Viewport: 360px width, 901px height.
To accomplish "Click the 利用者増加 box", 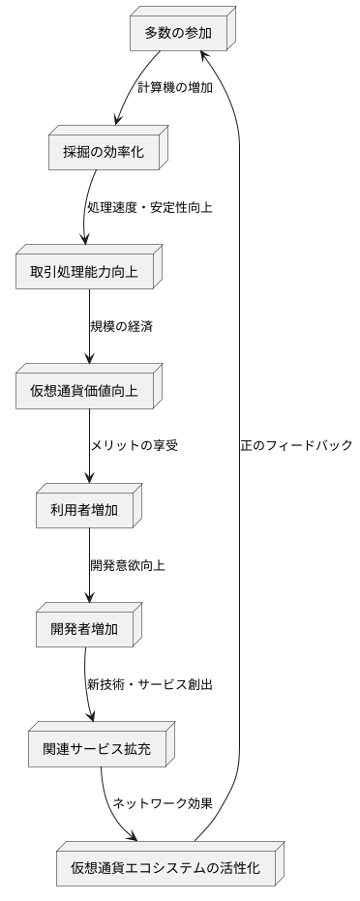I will [x=87, y=510].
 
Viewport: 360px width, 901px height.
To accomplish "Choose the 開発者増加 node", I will [x=87, y=629].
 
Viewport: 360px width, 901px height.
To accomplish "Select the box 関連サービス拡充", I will [x=95, y=748].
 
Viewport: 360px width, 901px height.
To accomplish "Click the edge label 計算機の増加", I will [x=174, y=87].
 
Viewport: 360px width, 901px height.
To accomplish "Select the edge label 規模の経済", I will [x=122, y=325].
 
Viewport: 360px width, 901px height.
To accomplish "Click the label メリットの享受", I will [x=135, y=446].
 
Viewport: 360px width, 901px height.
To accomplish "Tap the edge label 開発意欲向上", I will [x=128, y=565].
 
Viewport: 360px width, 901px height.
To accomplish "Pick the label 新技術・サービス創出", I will [x=150, y=684].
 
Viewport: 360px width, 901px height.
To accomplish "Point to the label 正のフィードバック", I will [x=296, y=446].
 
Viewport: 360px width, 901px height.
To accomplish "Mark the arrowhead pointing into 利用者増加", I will [x=90, y=477].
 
